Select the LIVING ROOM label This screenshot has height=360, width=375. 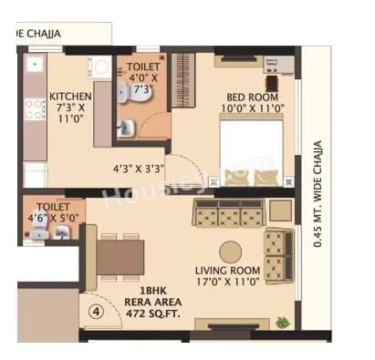(227, 271)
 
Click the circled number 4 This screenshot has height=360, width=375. (96, 308)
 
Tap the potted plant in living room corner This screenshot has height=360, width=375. (284, 321)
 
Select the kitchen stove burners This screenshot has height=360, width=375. (35, 110)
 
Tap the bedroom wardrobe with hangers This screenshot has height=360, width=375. (184, 82)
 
